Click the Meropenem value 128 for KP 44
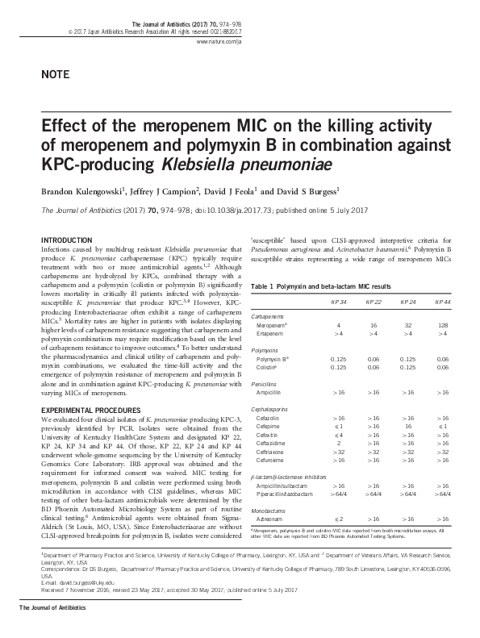click(443, 325)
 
